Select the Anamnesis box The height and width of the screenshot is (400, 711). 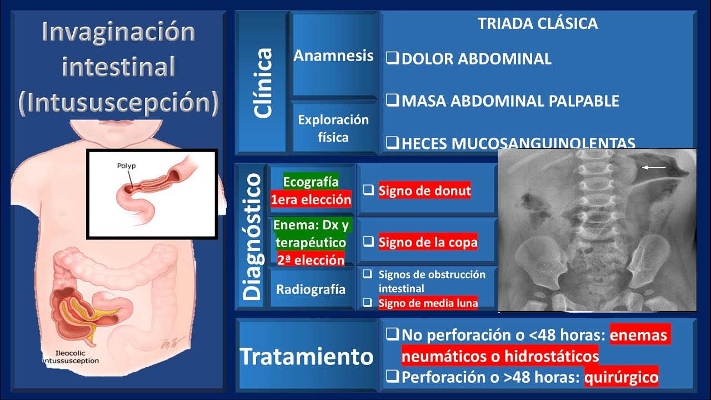click(x=333, y=56)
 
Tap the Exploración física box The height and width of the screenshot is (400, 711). click(x=333, y=128)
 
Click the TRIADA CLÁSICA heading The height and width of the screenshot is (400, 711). click(x=538, y=24)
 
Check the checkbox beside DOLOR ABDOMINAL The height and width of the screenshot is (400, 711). click(x=392, y=58)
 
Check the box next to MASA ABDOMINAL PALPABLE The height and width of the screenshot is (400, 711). click(x=392, y=101)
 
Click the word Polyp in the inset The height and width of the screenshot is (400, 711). click(x=127, y=166)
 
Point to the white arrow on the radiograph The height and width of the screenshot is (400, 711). click(x=654, y=167)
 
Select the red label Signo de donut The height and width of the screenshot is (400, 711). click(x=425, y=191)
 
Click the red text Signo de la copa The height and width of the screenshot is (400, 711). click(x=428, y=243)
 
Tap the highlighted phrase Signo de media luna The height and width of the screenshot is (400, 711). click(x=428, y=303)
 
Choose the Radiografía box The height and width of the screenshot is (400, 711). click(x=311, y=289)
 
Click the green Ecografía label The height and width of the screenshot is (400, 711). click(x=311, y=182)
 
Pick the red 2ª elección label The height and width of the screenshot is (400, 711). click(x=311, y=259)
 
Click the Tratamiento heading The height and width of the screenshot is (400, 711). click(x=306, y=356)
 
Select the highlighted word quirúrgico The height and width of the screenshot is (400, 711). click(x=625, y=378)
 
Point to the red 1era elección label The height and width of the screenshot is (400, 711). click(x=311, y=199)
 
